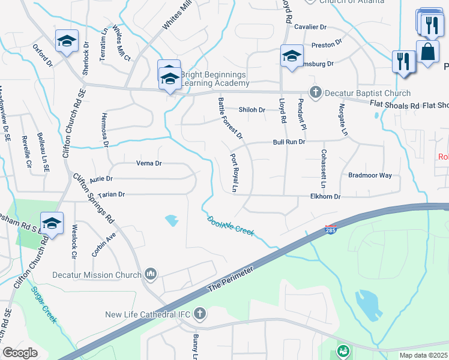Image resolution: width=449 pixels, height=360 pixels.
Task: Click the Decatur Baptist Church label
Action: pos(367,93)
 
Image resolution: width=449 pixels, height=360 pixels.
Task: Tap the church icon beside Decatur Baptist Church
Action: pos(316,92)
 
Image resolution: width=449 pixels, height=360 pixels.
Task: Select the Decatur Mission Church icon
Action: pos(150,275)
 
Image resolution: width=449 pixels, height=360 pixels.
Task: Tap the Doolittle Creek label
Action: pos(232,227)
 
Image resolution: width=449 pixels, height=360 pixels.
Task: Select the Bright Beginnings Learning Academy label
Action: pos(213,79)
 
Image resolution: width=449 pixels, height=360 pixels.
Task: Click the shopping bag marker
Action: pos(428,52)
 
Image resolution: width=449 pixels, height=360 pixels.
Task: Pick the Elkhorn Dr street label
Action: pos(325,196)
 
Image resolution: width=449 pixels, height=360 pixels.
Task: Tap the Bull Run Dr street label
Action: pos(289,142)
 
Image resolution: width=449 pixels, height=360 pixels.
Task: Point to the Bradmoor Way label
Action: pos(370,175)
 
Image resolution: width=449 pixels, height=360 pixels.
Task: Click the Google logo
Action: pos(20,352)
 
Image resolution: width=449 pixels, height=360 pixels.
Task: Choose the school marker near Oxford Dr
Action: pos(65,41)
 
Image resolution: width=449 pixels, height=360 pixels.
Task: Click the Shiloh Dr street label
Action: pos(252,110)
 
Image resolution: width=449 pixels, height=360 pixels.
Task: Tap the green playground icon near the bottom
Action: pos(343,349)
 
